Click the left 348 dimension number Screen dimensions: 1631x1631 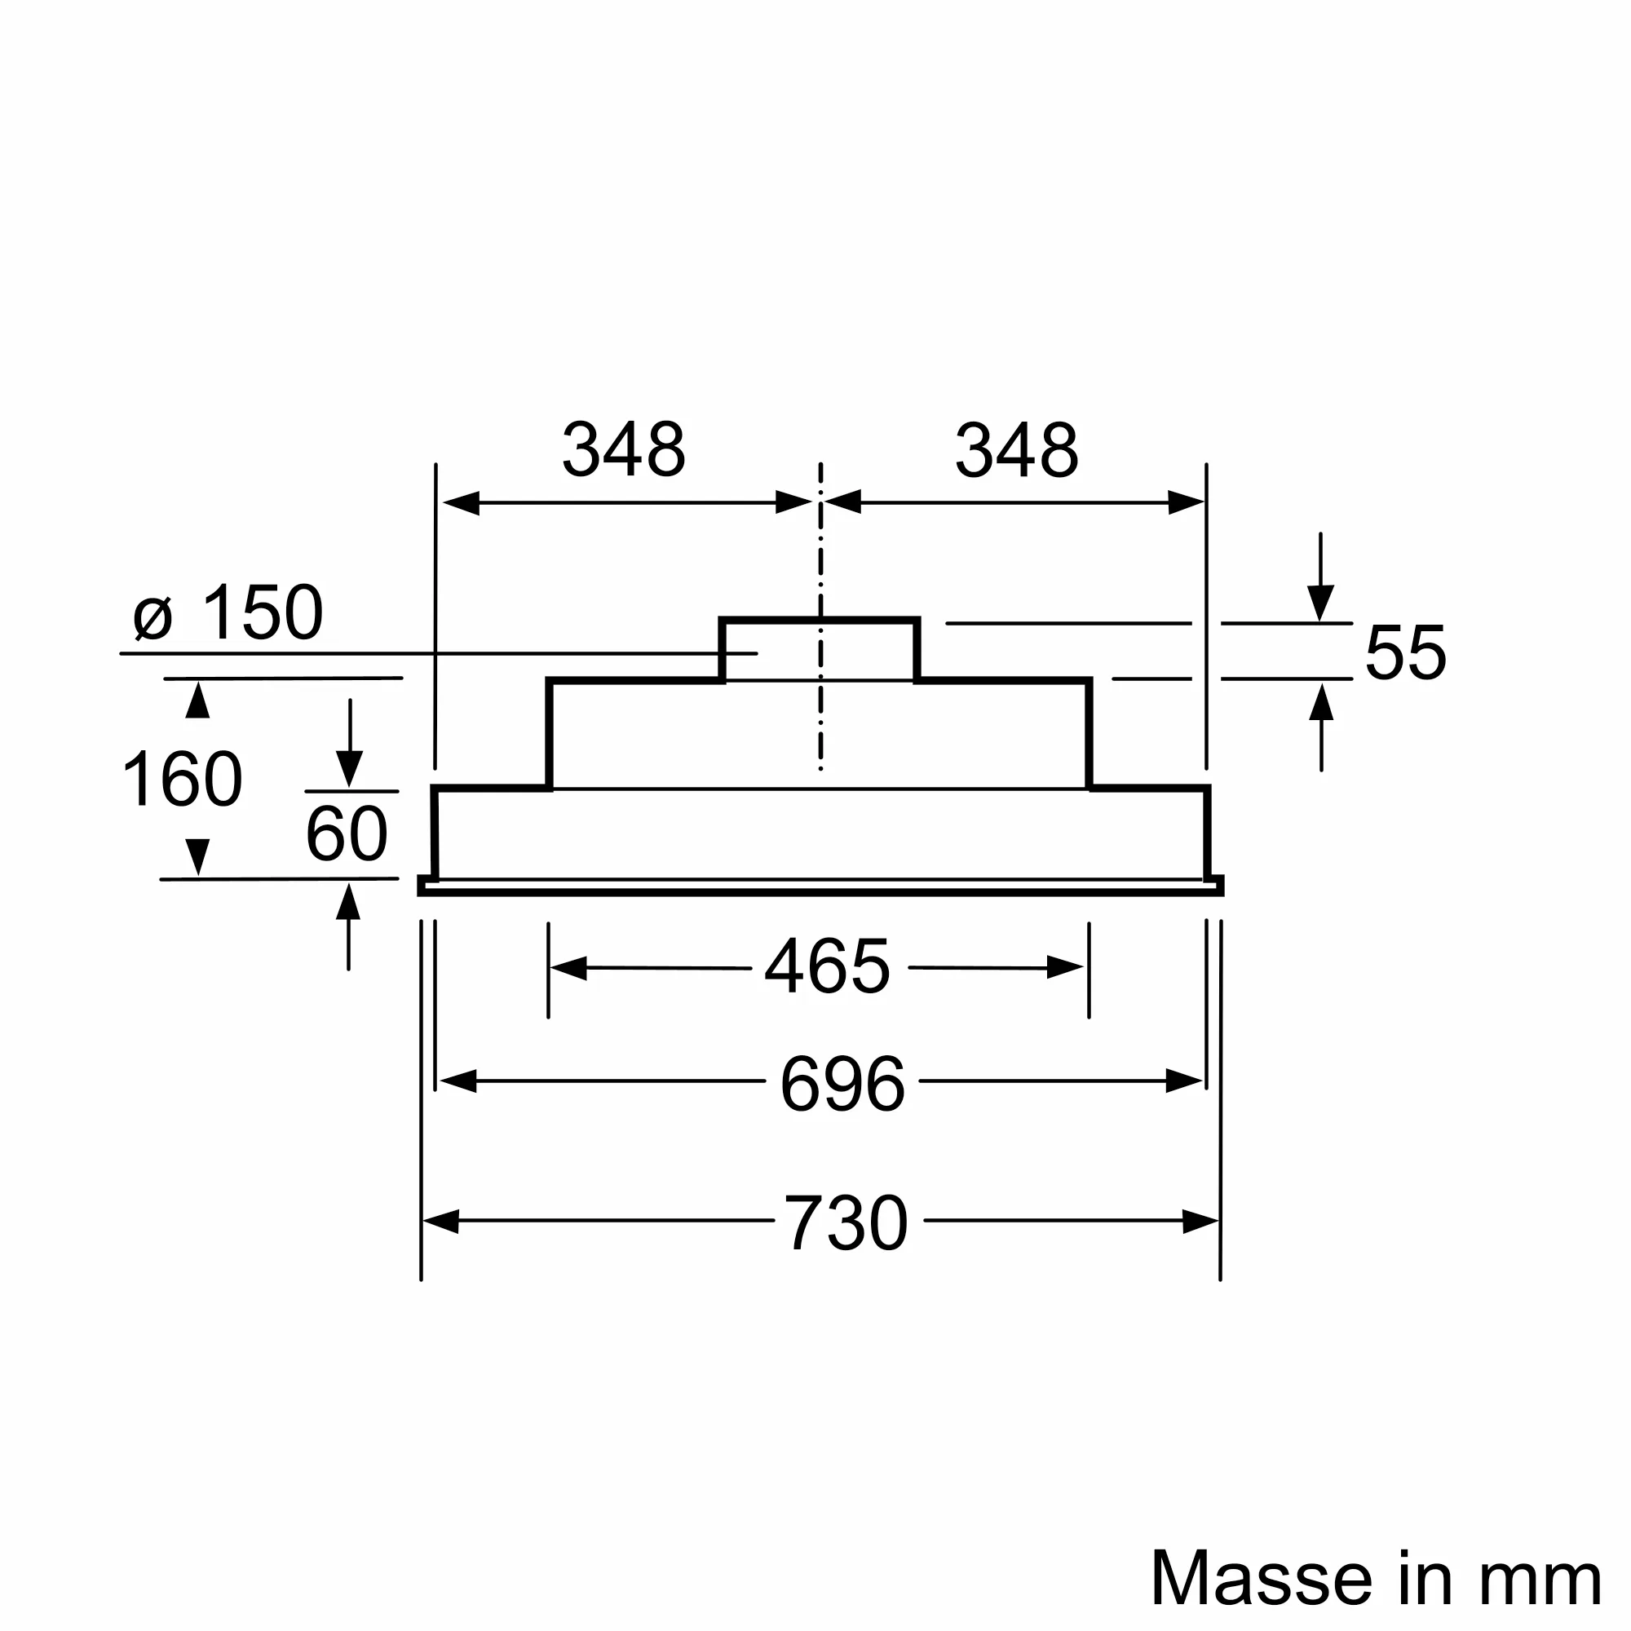[624, 449]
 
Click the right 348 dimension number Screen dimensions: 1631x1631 [1016, 449]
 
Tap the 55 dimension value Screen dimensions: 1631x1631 [1406, 652]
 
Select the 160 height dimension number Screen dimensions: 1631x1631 [183, 779]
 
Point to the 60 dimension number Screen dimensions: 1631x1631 [347, 834]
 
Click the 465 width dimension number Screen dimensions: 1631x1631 [827, 966]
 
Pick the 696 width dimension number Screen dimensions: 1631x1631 [842, 1084]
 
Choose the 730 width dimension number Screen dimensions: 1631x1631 [846, 1223]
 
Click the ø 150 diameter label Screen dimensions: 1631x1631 [228, 612]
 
